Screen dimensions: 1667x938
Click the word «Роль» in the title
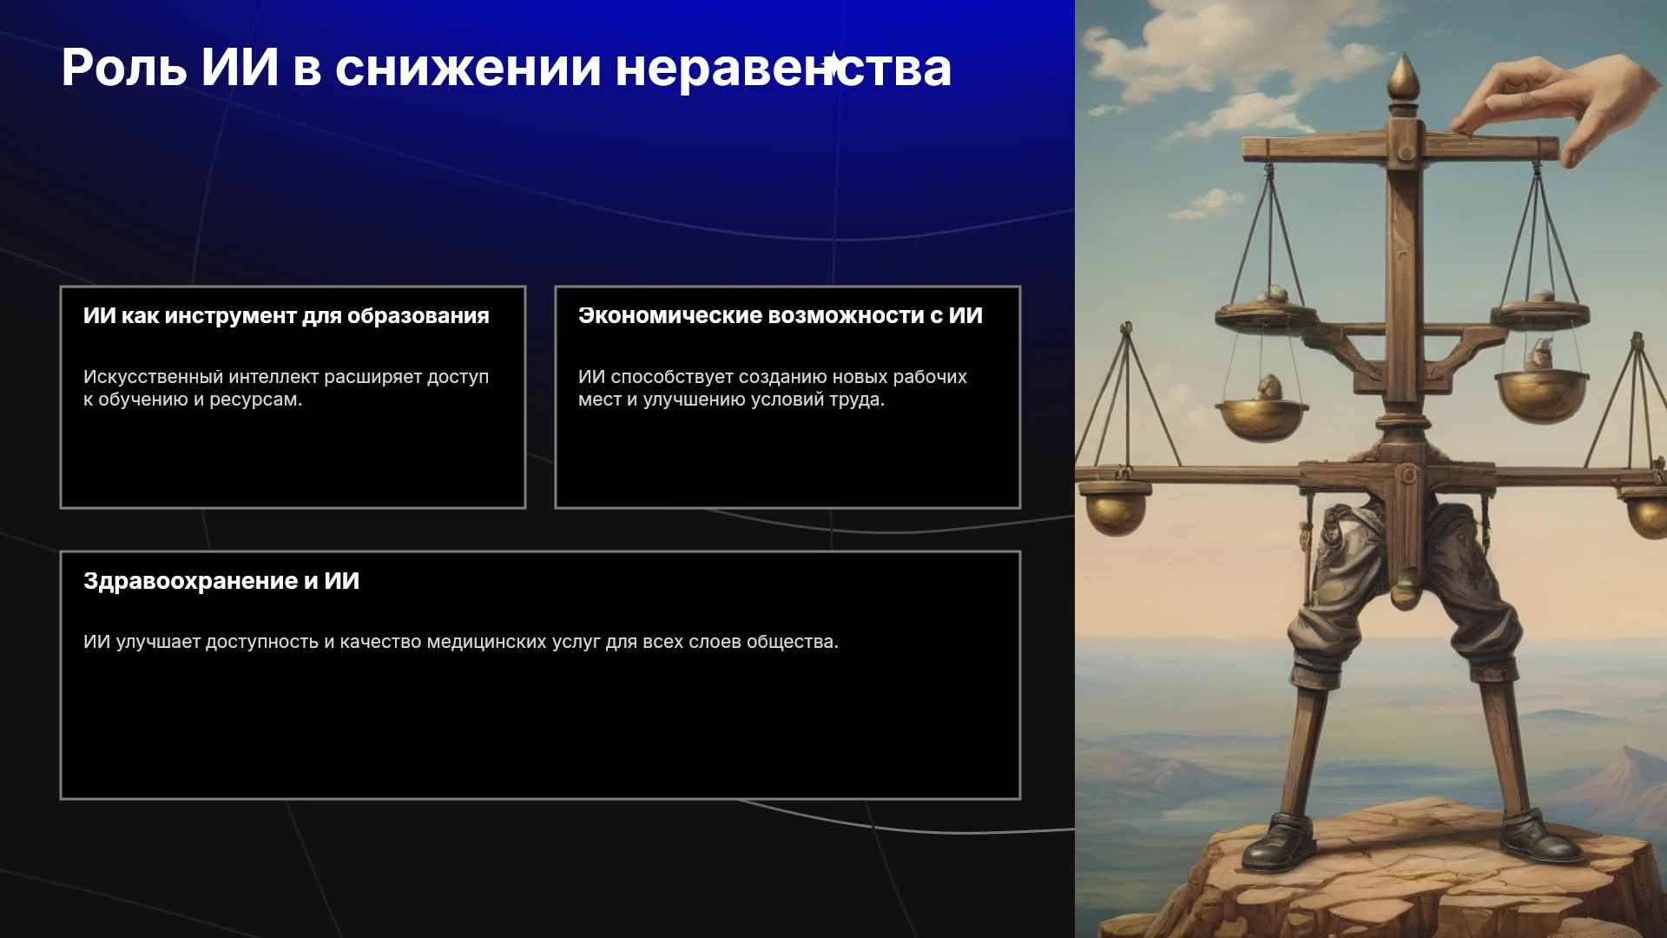point(124,67)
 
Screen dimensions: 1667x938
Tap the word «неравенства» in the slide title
point(783,69)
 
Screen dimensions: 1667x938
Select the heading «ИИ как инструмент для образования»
point(287,316)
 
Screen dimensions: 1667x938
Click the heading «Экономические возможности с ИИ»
point(781,316)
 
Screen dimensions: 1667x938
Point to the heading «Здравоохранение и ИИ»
point(221,582)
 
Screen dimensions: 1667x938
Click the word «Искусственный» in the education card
point(153,377)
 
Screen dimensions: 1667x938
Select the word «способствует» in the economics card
point(671,378)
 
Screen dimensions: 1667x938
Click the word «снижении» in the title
point(468,68)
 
